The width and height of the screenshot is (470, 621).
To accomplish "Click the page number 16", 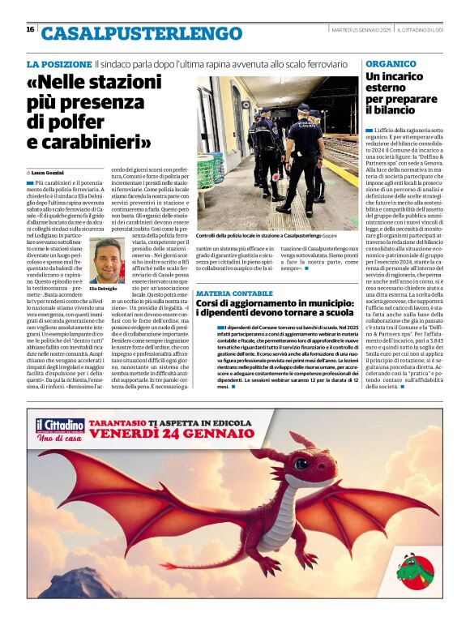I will (30, 29).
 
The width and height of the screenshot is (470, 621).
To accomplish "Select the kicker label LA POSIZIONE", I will (59, 63).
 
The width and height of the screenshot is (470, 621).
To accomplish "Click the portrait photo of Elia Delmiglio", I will (108, 259).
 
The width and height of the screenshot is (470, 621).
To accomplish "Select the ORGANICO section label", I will (391, 63).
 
